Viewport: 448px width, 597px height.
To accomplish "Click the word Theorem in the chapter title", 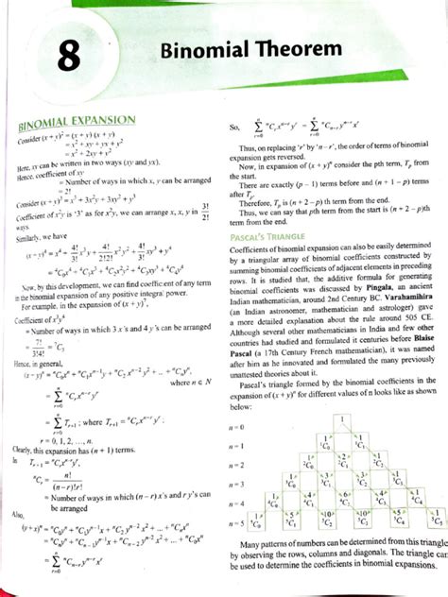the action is click(x=288, y=48).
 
